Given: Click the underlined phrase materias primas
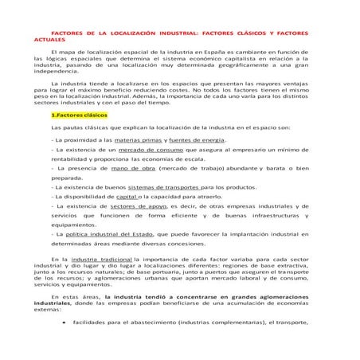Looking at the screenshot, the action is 131,139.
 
